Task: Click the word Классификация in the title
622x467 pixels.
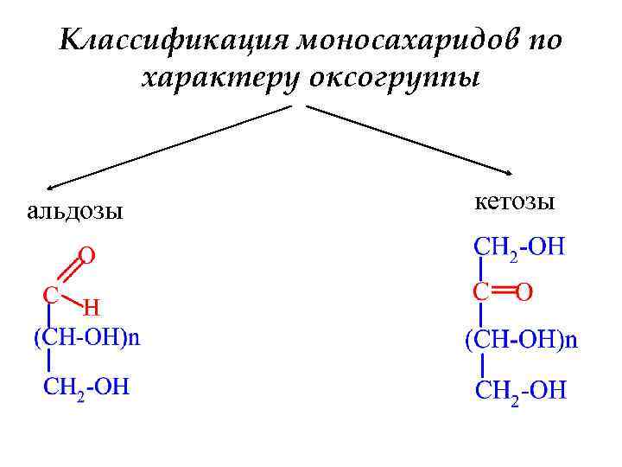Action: click(x=174, y=41)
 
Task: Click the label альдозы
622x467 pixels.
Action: click(x=74, y=210)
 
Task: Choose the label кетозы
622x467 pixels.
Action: click(x=515, y=203)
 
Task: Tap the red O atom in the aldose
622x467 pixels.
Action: click(x=86, y=255)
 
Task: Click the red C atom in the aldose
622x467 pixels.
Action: click(x=51, y=295)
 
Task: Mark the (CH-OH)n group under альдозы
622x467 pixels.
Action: click(x=86, y=337)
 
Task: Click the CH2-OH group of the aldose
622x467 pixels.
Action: click(x=86, y=386)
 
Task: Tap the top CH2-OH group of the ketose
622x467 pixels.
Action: click(x=519, y=248)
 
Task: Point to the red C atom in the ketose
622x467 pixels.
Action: click(x=480, y=291)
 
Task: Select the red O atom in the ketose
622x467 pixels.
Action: click(x=524, y=292)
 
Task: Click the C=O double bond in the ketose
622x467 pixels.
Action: click(x=502, y=291)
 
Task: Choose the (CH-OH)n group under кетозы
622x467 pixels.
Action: click(x=522, y=339)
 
